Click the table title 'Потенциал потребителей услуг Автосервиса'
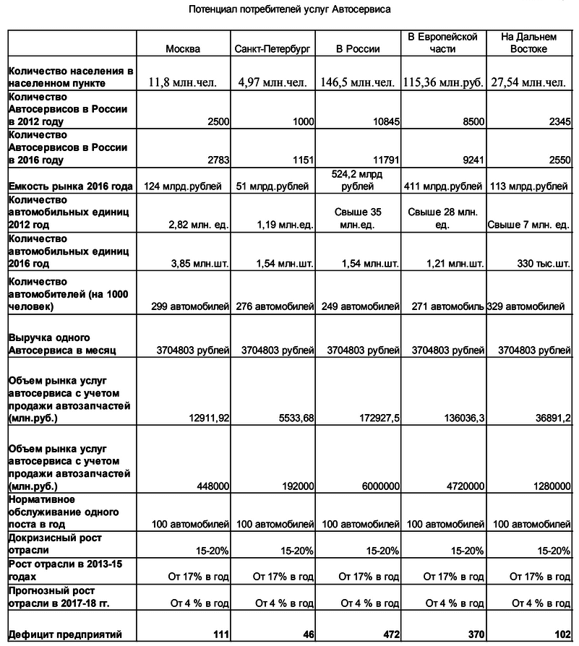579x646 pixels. pos(289,11)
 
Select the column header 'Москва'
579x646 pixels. pos(183,49)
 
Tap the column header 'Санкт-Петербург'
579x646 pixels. pos(272,49)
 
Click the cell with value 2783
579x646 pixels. pos(215,160)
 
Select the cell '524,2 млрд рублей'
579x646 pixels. pos(357,180)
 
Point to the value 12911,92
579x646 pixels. pos(205,418)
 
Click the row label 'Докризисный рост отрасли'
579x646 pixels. pos(55,544)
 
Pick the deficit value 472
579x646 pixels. pos(390,634)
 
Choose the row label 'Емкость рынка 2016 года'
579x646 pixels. pos(70,186)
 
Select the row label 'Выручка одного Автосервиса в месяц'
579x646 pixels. pos(58,344)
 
